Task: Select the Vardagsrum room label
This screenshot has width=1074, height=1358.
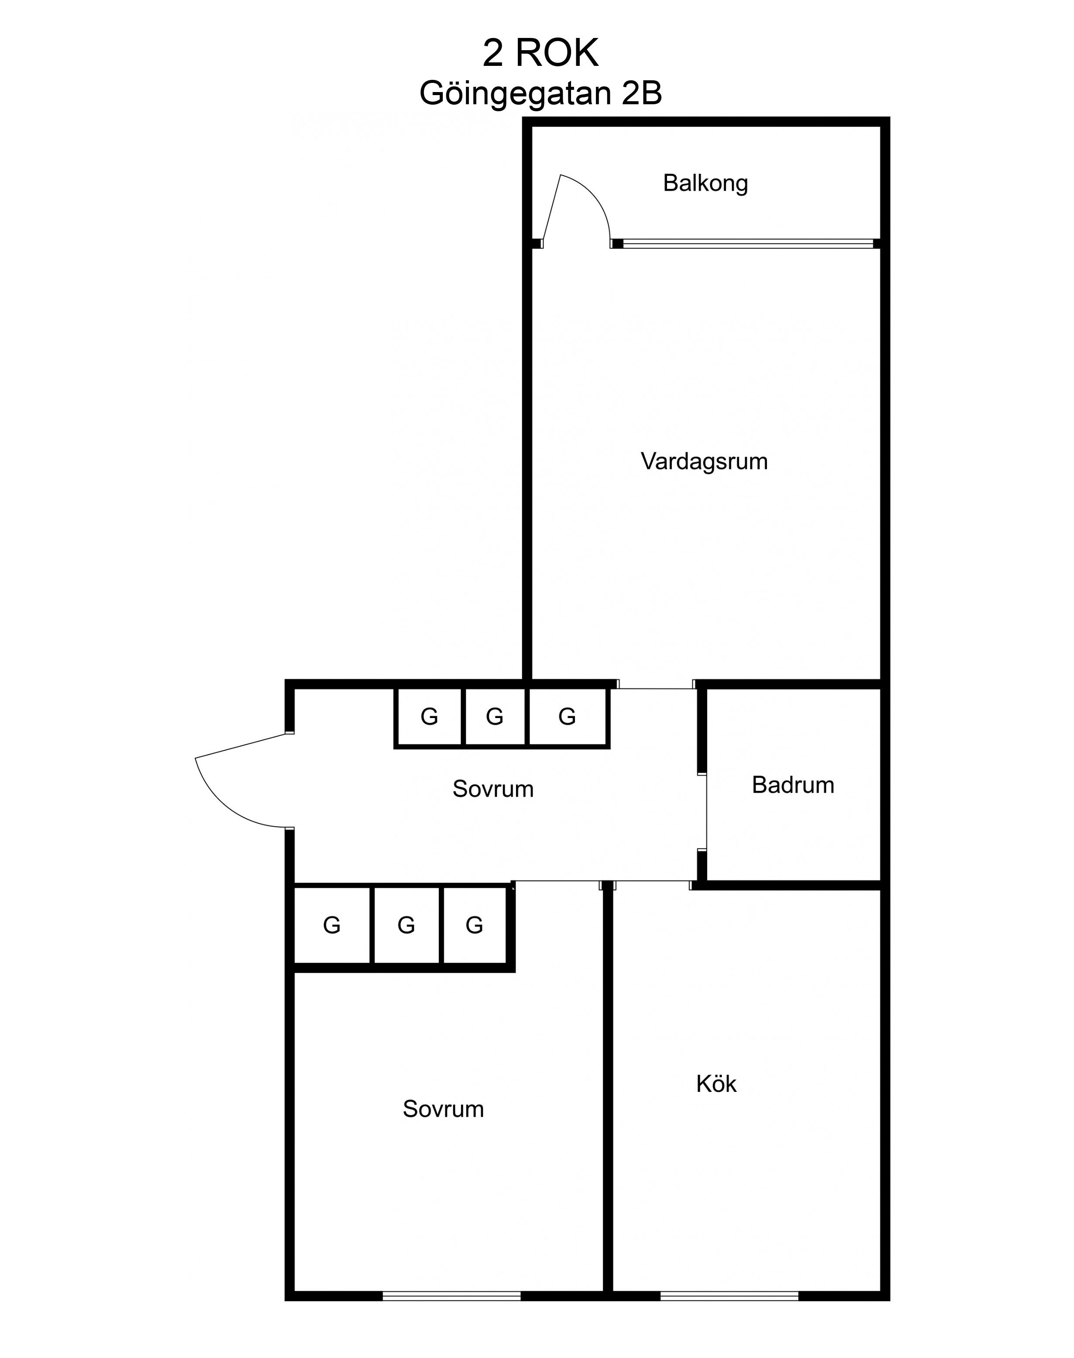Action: click(x=704, y=462)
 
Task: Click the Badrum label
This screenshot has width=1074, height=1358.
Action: click(x=793, y=785)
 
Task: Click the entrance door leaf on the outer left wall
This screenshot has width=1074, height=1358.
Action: click(x=242, y=746)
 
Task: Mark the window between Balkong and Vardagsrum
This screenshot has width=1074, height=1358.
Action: click(x=748, y=243)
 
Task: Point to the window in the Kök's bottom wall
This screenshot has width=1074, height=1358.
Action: click(x=729, y=1291)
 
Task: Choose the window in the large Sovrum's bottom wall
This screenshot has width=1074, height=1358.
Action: click(x=451, y=1291)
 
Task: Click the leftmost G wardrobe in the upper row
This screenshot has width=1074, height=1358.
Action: click(x=430, y=717)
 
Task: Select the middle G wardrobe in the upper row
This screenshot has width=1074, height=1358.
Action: click(x=495, y=717)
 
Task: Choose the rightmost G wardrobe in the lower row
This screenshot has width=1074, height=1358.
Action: click(x=475, y=925)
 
